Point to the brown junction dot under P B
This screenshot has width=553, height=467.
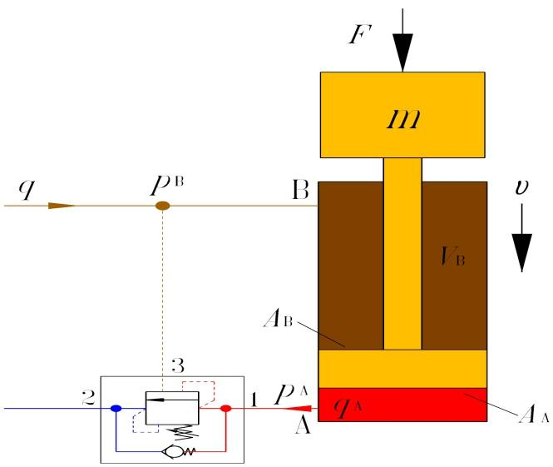point(164,205)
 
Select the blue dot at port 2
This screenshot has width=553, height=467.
point(116,408)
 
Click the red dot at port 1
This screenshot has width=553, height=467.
point(225,408)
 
